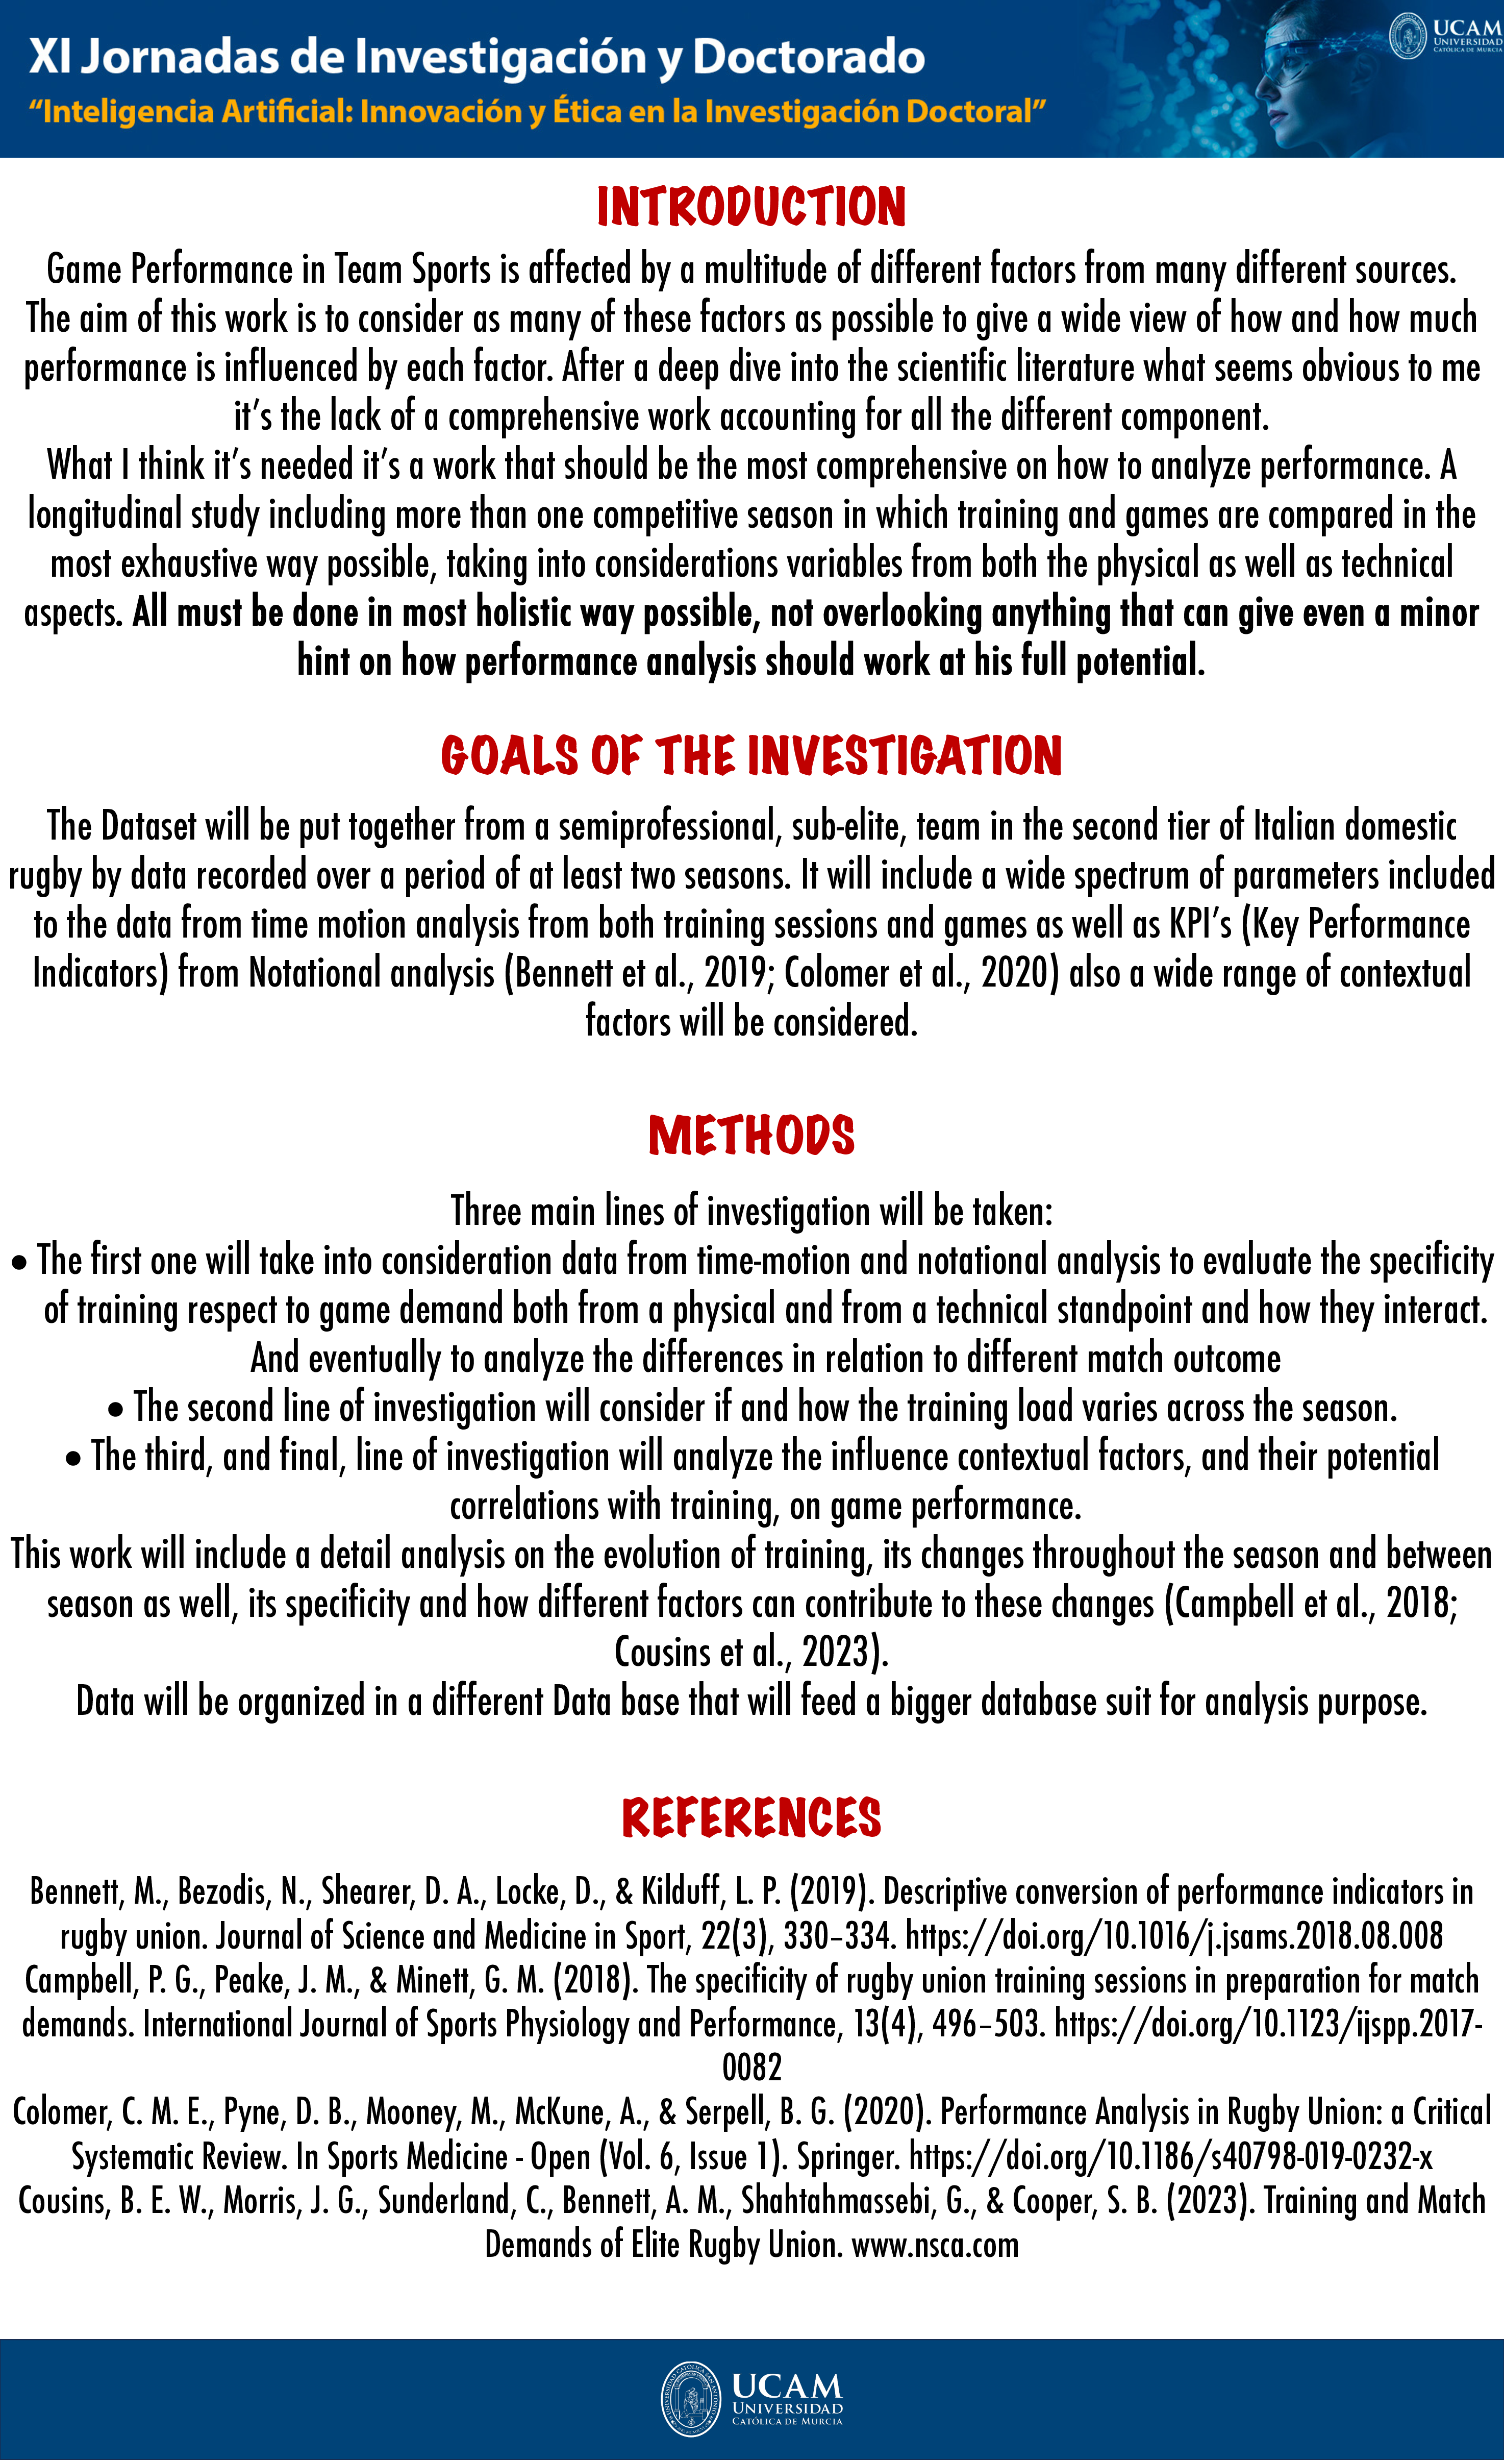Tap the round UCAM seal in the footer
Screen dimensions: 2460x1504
tap(690, 2399)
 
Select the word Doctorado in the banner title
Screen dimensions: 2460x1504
tap(809, 57)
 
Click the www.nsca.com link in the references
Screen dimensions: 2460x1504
tap(935, 2245)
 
